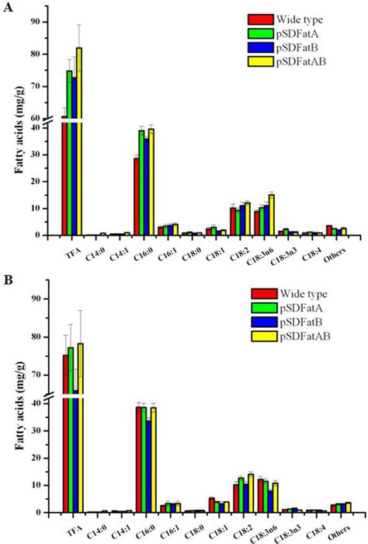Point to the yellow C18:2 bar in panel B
pyautogui.click(x=250, y=493)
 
